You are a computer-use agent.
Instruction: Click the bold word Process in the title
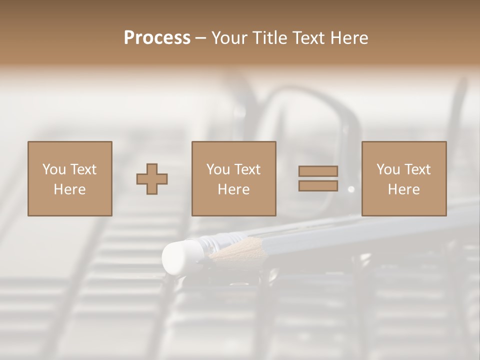pos(157,38)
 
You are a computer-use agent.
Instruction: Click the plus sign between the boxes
pos(152,179)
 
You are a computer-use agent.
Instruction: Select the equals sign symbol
pos(318,178)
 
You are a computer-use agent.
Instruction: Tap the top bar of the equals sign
pos(318,171)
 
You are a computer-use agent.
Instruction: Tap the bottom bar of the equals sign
pos(318,186)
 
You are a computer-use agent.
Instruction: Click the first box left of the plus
pos(70,178)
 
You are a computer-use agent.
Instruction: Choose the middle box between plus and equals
pos(234,178)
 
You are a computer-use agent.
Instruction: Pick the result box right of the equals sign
pos(404,178)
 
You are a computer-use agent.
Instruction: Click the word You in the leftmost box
pos(54,169)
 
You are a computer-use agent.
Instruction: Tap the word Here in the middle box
pos(234,189)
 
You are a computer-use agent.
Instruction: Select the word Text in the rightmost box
pos(417,169)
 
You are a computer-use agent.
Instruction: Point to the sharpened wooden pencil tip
pos(227,249)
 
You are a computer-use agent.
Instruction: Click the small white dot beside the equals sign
pos(351,189)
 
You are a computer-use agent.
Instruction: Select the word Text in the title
pos(307,38)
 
